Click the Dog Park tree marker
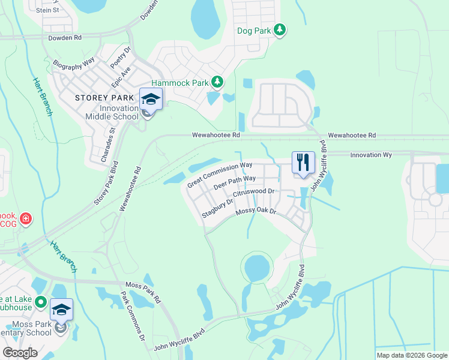click(279, 29)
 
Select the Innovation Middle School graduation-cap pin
click(151, 99)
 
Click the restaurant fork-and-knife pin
click(303, 162)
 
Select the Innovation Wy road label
click(370, 155)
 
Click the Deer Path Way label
click(235, 182)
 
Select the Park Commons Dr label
click(133, 316)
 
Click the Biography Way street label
click(74, 62)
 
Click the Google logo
click(20, 352)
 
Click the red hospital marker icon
click(25, 218)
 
